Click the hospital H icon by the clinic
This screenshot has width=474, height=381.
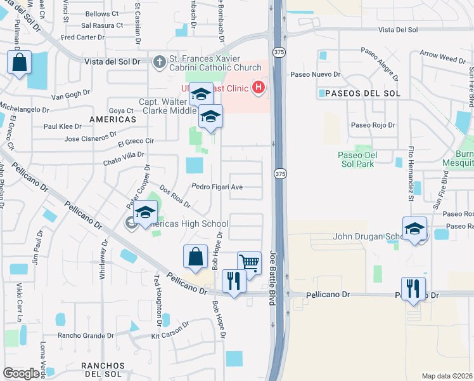click(258, 87)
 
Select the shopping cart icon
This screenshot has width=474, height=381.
click(250, 262)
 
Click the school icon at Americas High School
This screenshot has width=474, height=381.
click(146, 213)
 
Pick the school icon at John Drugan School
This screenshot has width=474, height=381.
click(414, 229)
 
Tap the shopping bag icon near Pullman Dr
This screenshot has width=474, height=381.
click(19, 63)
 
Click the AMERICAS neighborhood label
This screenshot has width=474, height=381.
click(113, 119)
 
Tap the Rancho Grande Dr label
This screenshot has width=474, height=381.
click(86, 335)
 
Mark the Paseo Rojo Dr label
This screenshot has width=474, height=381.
click(373, 126)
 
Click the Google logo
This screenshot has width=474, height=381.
click(22, 373)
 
